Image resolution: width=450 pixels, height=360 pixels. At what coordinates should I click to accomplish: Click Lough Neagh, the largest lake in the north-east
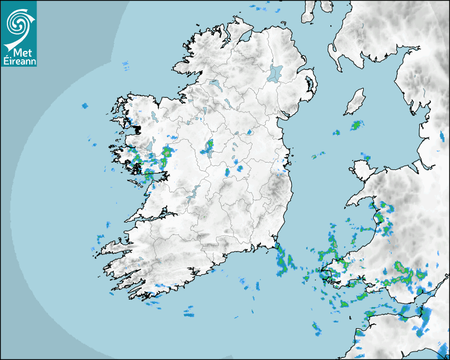pyautogui.click(x=275, y=73)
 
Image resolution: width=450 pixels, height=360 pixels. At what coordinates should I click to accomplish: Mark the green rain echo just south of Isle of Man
pyautogui.click(x=356, y=125)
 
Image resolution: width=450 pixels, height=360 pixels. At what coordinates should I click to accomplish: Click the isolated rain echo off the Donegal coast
pyautogui.click(x=125, y=66)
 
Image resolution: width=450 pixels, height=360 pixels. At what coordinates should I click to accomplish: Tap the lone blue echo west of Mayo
pyautogui.click(x=84, y=106)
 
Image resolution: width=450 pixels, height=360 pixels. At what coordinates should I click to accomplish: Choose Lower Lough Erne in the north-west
pyautogui.click(x=214, y=84)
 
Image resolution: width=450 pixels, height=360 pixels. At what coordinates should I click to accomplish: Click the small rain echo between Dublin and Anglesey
pyautogui.click(x=318, y=156)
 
